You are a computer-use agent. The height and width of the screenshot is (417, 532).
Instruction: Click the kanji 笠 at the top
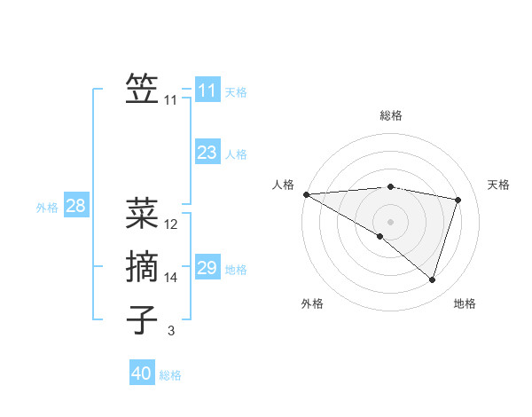point(142,89)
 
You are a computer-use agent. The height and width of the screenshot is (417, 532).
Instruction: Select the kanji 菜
point(142,213)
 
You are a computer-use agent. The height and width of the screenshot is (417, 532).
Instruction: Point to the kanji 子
point(142,319)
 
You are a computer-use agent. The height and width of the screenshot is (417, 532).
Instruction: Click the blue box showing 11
point(207,90)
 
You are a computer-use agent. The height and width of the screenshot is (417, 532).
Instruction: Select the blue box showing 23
point(207,153)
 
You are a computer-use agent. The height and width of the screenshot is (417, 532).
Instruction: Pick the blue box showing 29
point(207,268)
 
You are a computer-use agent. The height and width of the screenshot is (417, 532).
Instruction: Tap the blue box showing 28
point(75,207)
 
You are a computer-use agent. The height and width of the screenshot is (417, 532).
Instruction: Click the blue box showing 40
point(141,374)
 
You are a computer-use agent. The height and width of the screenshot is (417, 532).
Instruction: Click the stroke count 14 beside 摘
point(171,278)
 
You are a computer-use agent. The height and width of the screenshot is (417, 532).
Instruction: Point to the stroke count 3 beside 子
point(171,331)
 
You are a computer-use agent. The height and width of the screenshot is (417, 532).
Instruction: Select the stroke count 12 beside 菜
point(171,224)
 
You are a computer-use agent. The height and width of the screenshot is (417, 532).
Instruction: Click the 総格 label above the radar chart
point(390,115)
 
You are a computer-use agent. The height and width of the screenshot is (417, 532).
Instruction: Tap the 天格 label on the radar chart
point(499,185)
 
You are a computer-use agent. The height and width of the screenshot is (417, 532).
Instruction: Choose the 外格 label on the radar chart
point(312,303)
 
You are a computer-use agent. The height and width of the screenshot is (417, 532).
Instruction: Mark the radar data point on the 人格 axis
point(306,193)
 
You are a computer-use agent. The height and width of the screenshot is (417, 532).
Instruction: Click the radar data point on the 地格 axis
point(432,279)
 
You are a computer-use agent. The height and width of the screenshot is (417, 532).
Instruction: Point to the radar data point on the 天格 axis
point(458,200)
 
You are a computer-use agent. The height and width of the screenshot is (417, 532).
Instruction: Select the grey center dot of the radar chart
point(390,221)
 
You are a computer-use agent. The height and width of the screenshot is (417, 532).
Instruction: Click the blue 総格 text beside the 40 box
point(170,375)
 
